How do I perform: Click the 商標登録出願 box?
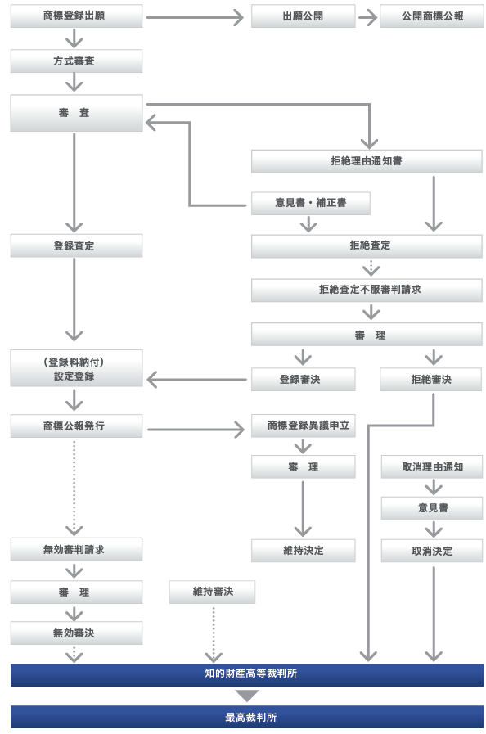coord(76,16)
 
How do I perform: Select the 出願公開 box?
coord(303,16)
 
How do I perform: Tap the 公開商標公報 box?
coord(432,16)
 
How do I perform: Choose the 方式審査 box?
coord(76,61)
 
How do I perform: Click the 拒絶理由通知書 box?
coord(367,161)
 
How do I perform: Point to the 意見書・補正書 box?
coord(310,203)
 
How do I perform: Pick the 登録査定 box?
coord(76,245)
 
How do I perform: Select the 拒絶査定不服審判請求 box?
coord(367,290)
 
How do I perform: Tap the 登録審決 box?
coord(303,379)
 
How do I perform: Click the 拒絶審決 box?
coord(430,379)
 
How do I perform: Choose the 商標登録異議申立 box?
coord(303,426)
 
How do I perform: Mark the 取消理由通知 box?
coord(432,466)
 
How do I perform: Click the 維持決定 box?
coord(303,551)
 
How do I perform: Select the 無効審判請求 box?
coord(76,549)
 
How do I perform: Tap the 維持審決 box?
coord(212,592)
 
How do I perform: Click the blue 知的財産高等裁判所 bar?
coord(247,674)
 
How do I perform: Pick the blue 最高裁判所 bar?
coord(247,717)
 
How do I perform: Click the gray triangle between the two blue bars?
coord(247,696)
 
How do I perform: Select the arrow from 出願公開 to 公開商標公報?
coord(368,18)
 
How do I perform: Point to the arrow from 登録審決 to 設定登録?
coord(196,380)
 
